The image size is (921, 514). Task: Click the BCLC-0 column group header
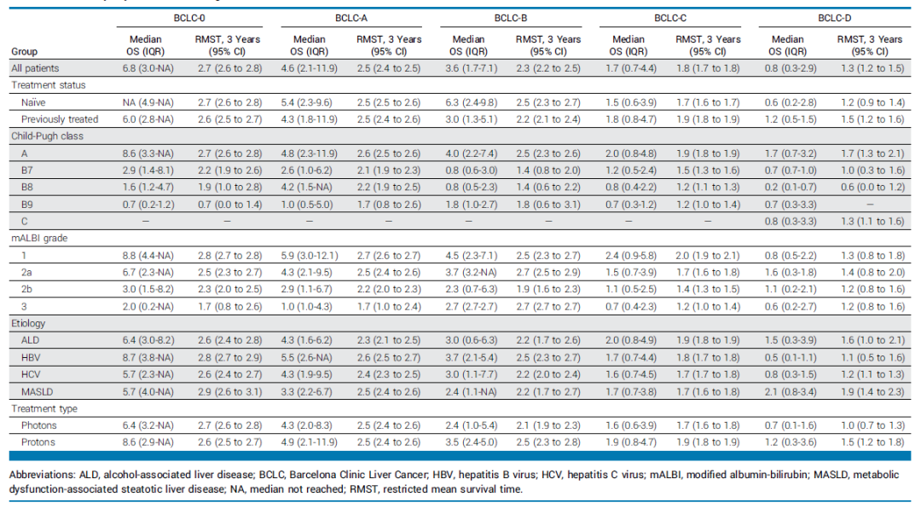pyautogui.click(x=189, y=18)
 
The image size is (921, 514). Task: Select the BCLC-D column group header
pyautogui.click(x=834, y=18)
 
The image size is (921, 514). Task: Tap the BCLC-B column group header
pyautogui.click(x=511, y=18)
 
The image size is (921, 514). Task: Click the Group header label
pyautogui.click(x=24, y=52)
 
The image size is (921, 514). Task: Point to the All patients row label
pyautogui.click(x=35, y=68)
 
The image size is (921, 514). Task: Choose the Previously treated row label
pyautogui.click(x=60, y=119)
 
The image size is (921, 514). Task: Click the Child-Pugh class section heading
pyautogui.click(x=47, y=136)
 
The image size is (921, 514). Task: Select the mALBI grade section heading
pyautogui.click(x=39, y=239)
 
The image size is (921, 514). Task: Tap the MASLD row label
pyautogui.click(x=37, y=392)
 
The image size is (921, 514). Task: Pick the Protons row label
pyautogui.click(x=38, y=442)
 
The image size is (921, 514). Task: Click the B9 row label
pyautogui.click(x=27, y=205)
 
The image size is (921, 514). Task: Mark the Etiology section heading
pyautogui.click(x=28, y=324)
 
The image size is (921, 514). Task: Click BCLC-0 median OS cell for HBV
pyautogui.click(x=148, y=358)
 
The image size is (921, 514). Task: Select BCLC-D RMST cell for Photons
pyautogui.click(x=871, y=425)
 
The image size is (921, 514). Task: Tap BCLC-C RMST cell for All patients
pyautogui.click(x=708, y=68)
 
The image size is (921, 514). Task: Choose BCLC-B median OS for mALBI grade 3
pyautogui.click(x=472, y=307)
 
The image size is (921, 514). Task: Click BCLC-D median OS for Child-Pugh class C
pyautogui.click(x=791, y=222)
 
